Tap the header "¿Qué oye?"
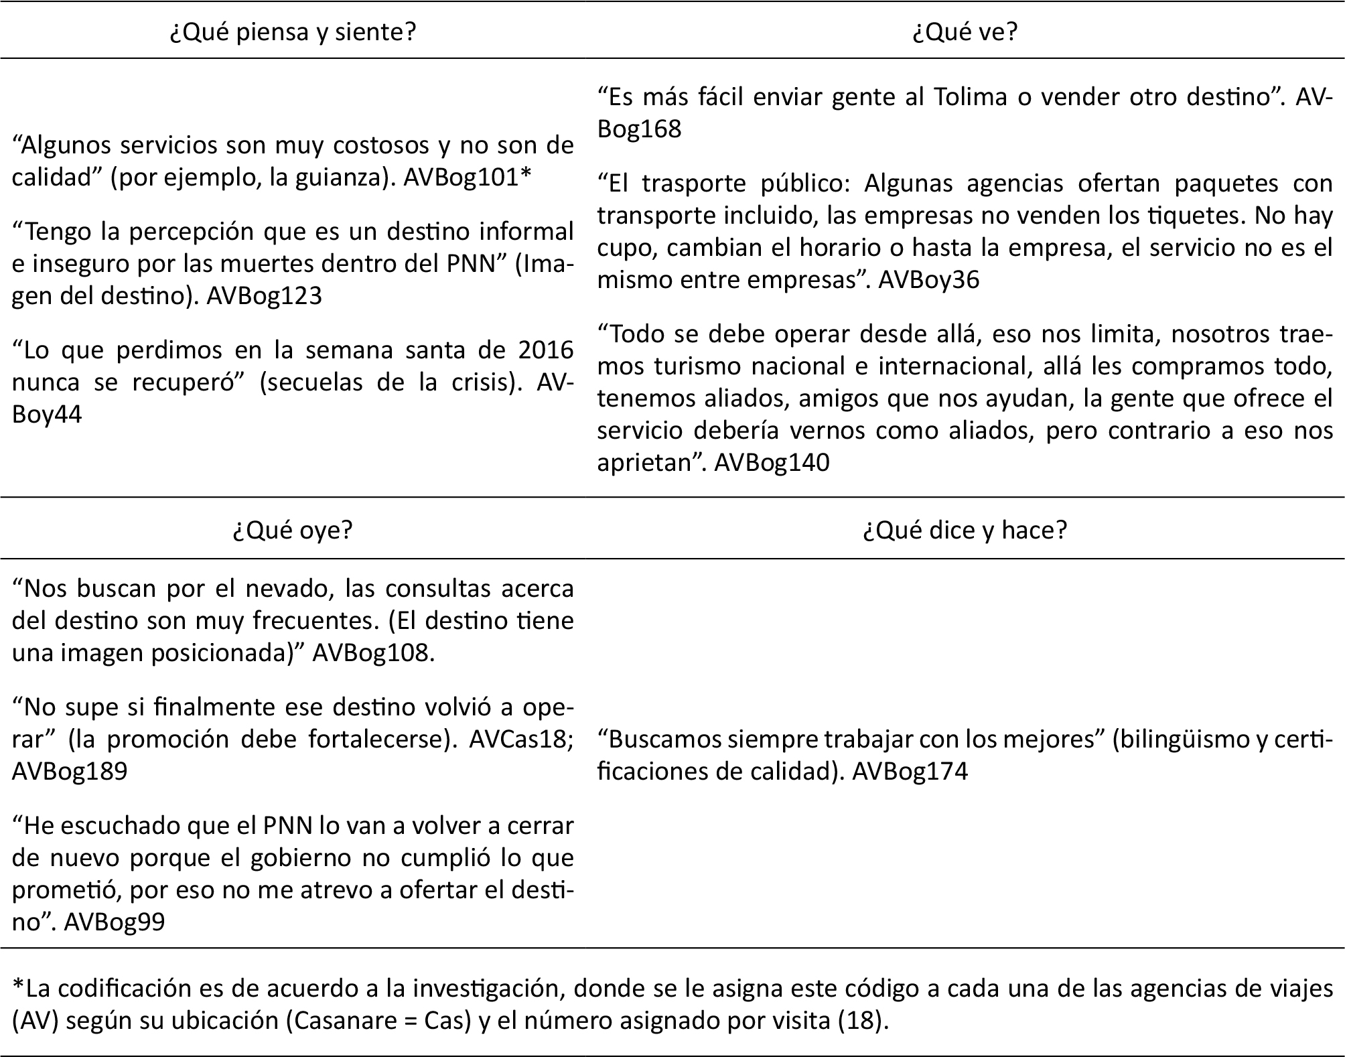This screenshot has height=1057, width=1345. tap(292, 530)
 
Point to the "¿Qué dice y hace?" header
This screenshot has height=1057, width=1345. tap(965, 530)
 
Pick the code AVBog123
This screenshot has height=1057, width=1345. tap(264, 295)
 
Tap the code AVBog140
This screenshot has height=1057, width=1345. tap(772, 462)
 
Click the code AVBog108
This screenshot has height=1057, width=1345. tap(373, 652)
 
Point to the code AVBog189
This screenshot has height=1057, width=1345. tap(70, 771)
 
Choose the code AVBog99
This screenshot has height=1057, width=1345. tap(115, 922)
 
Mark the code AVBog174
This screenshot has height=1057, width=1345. tap(910, 771)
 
